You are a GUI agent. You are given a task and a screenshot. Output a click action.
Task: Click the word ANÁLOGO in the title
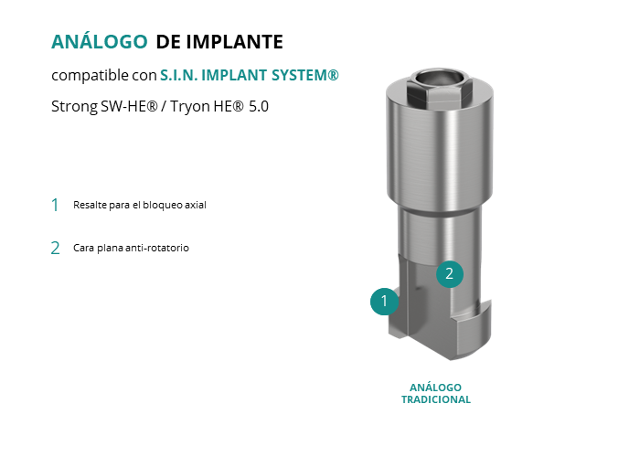pos(99,41)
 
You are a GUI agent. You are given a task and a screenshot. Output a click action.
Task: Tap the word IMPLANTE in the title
pos(235,42)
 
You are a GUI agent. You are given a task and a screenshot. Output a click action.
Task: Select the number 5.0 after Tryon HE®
pos(259,107)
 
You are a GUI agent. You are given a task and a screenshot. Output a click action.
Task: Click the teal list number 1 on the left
pos(55,206)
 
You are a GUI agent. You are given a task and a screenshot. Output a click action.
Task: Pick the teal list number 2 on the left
pos(55,248)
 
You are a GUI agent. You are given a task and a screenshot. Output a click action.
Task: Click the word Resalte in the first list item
pos(84,205)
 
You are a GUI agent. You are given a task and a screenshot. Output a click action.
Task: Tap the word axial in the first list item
pos(196,205)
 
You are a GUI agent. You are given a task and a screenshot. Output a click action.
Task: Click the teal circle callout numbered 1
pos(384,301)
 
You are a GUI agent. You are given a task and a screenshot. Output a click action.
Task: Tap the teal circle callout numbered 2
pos(450,274)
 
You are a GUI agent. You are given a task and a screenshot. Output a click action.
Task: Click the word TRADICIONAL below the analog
pos(436,399)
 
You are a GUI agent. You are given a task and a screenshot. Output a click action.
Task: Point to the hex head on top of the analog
pos(440,87)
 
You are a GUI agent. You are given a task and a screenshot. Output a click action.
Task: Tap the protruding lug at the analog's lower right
pos(475,331)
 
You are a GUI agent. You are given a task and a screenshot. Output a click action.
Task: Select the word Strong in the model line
pos(74,107)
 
